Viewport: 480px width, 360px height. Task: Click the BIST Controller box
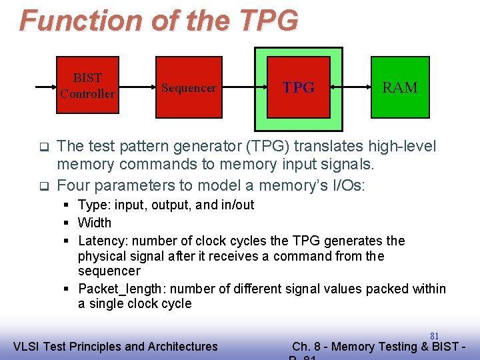87,86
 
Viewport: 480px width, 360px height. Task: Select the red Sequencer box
189,88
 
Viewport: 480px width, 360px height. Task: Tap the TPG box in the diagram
299,88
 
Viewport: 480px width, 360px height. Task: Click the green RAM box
400,88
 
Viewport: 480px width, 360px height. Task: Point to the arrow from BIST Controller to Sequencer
137,87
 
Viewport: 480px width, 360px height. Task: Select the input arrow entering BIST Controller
44,87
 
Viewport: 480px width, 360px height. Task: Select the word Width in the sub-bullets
95,223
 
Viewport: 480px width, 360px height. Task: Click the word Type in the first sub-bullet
92,205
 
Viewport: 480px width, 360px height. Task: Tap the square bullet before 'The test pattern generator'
44,146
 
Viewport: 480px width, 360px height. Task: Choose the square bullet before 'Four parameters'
44,185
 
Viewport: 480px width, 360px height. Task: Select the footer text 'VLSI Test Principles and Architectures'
115,346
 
